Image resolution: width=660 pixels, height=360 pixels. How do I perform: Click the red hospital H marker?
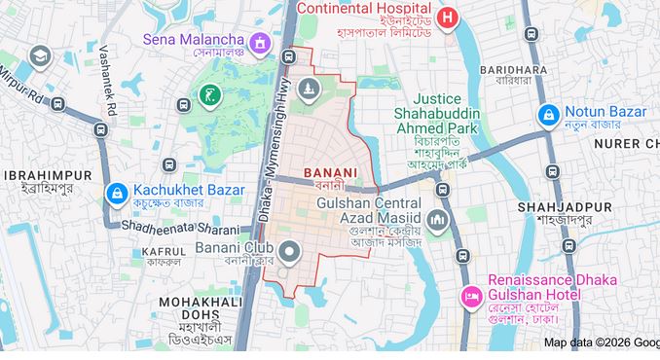[x=446, y=17]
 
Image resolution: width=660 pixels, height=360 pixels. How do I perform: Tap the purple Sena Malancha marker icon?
[x=260, y=43]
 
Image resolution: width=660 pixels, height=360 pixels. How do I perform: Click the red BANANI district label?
[x=330, y=172]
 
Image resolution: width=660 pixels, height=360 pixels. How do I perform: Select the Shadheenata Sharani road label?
[x=180, y=228]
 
